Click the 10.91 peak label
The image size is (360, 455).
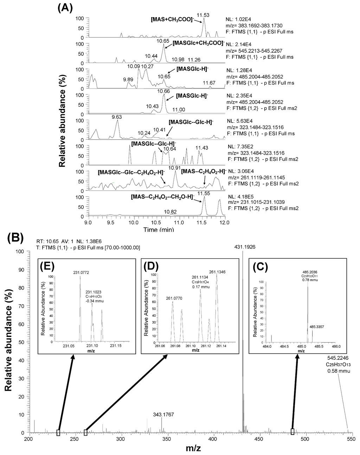pos(175,168)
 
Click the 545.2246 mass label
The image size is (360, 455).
pos(337,358)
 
